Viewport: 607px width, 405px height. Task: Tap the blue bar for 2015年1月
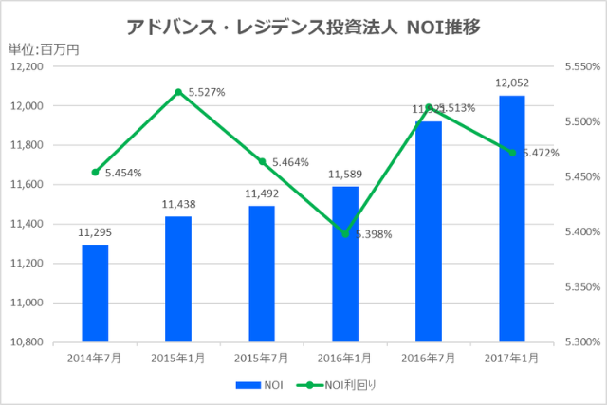tap(178, 279)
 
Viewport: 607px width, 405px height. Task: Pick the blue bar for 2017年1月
tap(511, 218)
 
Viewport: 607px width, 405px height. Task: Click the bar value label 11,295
tap(95, 230)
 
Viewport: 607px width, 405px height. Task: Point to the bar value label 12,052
tap(511, 83)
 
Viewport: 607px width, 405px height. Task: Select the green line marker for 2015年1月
tap(178, 92)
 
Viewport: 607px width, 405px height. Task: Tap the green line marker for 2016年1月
tap(345, 233)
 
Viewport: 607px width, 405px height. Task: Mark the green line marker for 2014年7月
tap(95, 172)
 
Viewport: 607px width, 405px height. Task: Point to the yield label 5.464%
tap(290, 162)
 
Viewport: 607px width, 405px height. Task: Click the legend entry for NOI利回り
tap(339, 384)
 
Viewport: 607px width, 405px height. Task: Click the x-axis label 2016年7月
tap(428, 358)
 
